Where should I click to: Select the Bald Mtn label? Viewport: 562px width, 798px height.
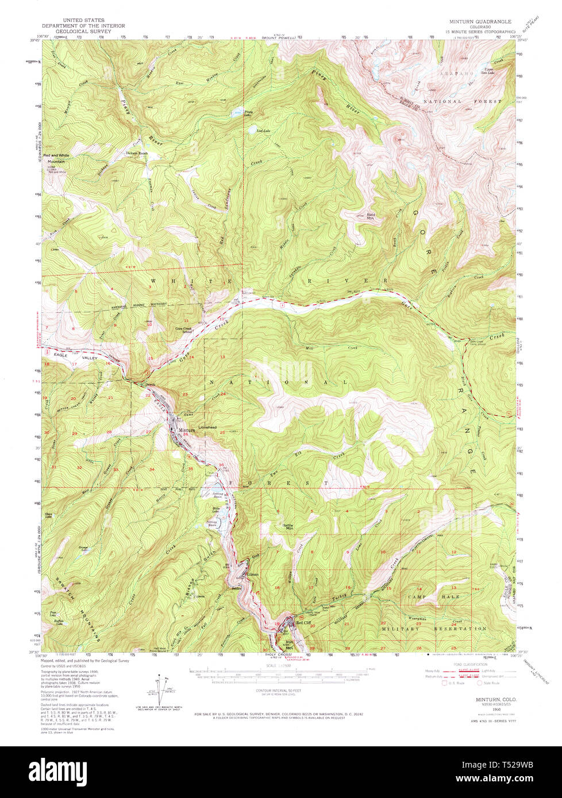[x=371, y=216]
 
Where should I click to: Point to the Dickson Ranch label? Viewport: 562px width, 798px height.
[x=137, y=153]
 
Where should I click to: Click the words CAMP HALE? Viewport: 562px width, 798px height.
[x=424, y=597]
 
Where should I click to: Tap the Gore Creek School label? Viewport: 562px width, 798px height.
[x=183, y=330]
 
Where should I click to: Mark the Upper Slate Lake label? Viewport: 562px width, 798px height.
[x=487, y=70]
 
